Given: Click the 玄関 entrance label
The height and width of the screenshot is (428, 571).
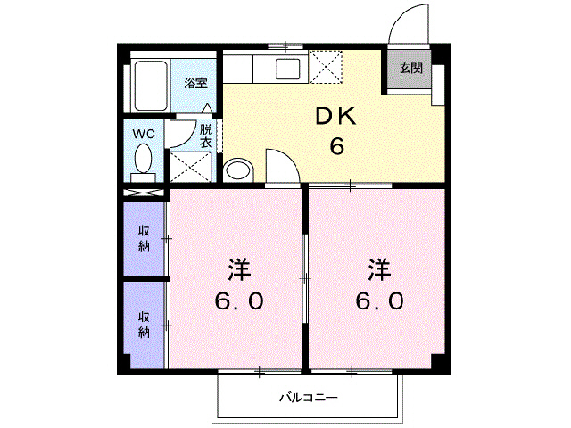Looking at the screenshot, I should [x=410, y=68].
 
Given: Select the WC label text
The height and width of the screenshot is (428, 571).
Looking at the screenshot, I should [x=144, y=134].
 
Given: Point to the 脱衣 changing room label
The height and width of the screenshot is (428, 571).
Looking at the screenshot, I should [x=205, y=136].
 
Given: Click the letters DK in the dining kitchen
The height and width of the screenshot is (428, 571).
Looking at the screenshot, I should [x=336, y=116].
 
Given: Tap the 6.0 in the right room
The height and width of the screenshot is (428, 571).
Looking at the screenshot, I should [x=380, y=300].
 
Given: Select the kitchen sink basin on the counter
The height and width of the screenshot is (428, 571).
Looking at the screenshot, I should [x=289, y=68].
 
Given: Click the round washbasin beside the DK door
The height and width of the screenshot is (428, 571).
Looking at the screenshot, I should [x=238, y=169].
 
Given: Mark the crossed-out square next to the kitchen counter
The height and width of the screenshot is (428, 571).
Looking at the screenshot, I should [x=322, y=66].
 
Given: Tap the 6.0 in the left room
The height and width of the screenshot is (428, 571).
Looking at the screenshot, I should [x=237, y=300].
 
